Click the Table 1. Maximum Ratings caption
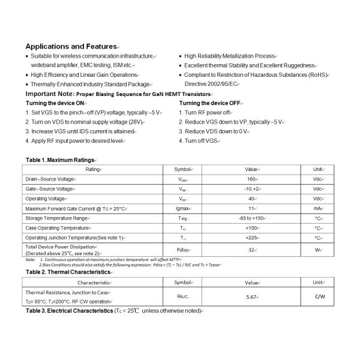(60, 160)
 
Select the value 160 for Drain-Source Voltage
(251, 179)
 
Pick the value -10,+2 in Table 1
(251, 188)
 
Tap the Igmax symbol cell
(182, 208)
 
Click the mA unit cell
(318, 208)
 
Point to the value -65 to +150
(251, 218)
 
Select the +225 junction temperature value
(251, 238)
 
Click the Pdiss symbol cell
(182, 250)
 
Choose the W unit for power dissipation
(318, 250)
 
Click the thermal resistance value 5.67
(251, 296)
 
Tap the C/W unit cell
(319, 296)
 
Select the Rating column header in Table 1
(93, 169)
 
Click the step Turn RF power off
(208, 112)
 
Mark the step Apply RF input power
(75, 140)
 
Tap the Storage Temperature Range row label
(56, 218)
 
